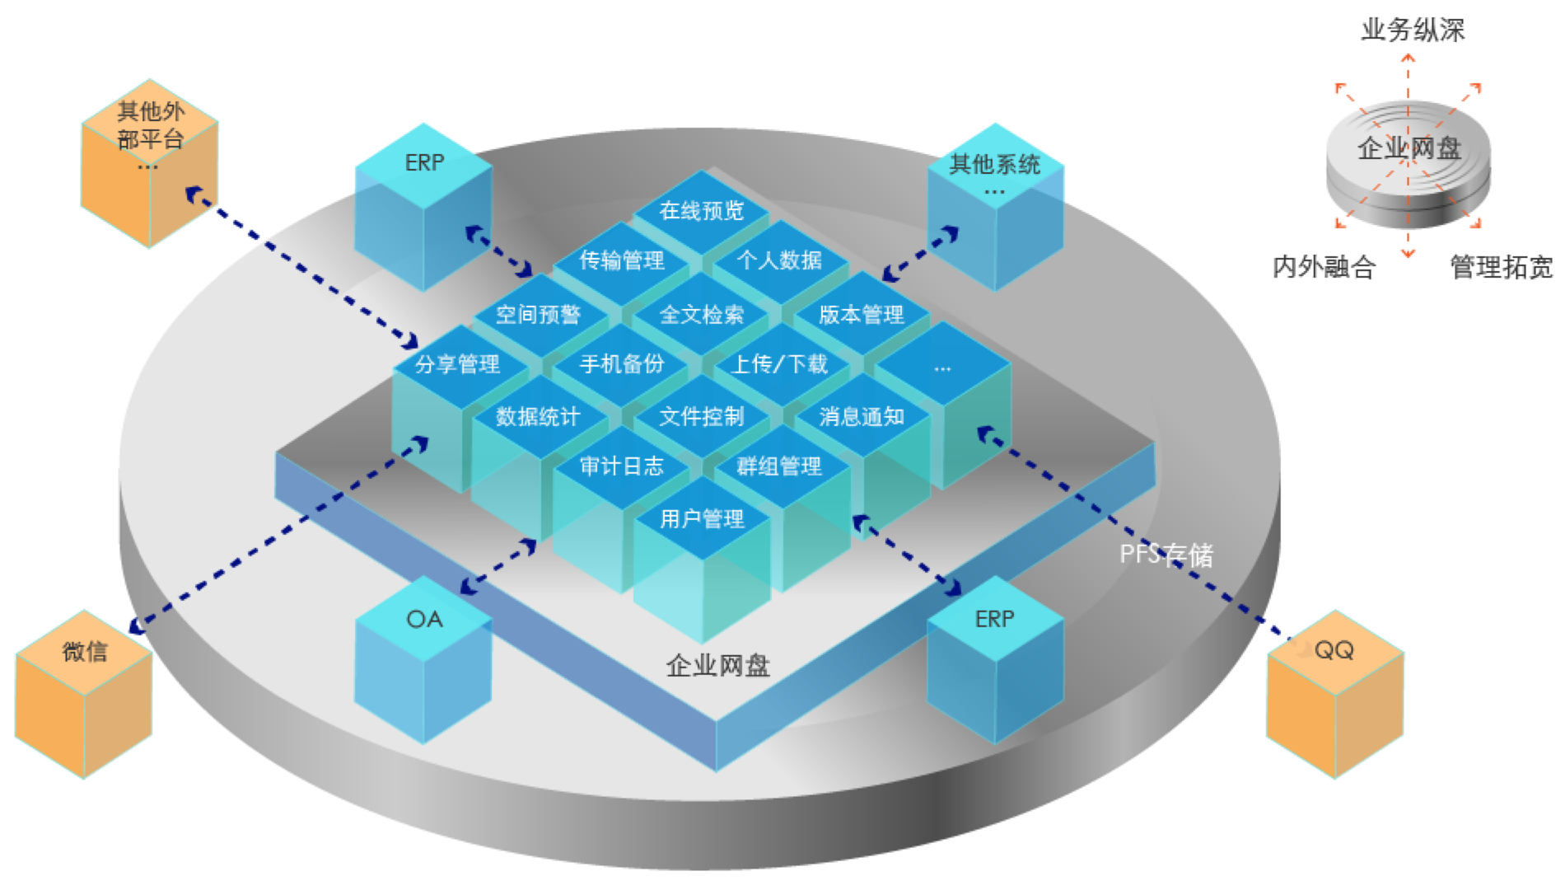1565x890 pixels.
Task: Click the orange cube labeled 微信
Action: click(x=84, y=694)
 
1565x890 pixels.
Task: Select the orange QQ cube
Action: click(x=1334, y=694)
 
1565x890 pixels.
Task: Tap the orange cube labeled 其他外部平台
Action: click(x=150, y=163)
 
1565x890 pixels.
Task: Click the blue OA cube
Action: click(x=423, y=659)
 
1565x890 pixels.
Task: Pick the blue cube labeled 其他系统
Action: click(x=995, y=207)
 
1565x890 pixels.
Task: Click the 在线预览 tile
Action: click(x=702, y=211)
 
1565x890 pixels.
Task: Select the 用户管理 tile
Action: click(x=702, y=519)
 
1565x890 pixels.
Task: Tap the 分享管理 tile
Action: click(x=458, y=364)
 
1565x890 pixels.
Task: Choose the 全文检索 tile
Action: click(x=702, y=314)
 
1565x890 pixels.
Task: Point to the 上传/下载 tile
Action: click(x=781, y=364)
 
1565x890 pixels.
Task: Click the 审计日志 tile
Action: click(x=622, y=466)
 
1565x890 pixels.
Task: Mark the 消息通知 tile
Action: click(x=862, y=417)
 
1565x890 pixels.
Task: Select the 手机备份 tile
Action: click(x=622, y=364)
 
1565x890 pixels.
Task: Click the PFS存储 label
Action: click(x=1166, y=555)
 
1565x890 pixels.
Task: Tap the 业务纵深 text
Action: click(x=1413, y=30)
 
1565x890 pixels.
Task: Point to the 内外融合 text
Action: click(x=1324, y=267)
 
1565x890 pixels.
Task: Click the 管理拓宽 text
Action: click(x=1501, y=267)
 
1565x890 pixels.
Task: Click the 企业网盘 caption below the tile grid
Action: click(x=717, y=665)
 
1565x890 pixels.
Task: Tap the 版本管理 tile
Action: click(x=862, y=314)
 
